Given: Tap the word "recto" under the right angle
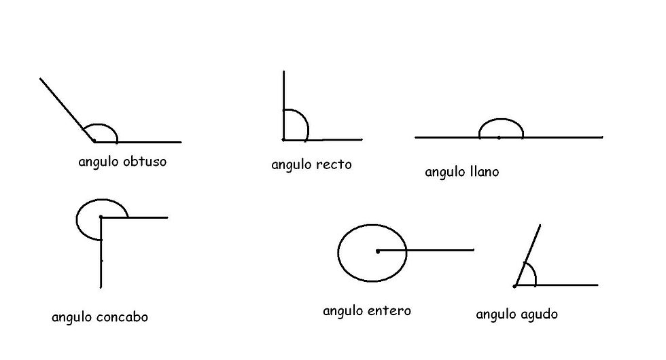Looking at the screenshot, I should coord(334,164).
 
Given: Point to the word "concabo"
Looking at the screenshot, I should coord(123,317).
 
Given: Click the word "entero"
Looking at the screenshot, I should coord(389,311).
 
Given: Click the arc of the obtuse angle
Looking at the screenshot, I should coord(102,125).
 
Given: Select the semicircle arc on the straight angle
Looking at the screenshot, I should coord(502,120).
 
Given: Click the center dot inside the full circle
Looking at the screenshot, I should coord(378,251).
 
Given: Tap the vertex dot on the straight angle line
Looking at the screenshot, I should coord(499,138).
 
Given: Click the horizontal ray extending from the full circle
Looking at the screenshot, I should coord(442,251).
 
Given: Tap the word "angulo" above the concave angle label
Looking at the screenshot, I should coord(72,317).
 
